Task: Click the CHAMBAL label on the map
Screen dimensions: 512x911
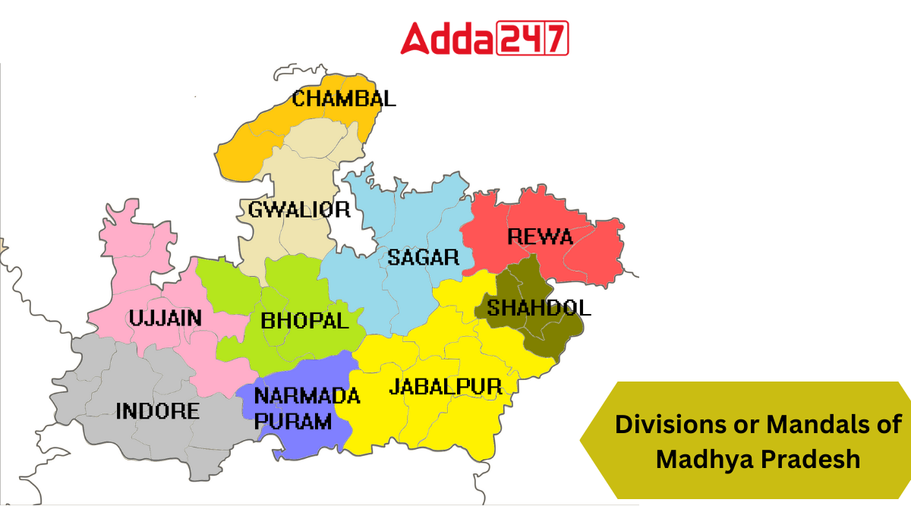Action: point(344,99)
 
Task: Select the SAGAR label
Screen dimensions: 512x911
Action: point(424,257)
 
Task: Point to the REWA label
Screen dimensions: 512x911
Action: point(540,237)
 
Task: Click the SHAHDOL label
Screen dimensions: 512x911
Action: point(538,307)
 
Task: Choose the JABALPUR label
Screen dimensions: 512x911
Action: point(446,387)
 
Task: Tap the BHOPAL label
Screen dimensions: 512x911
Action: point(304,320)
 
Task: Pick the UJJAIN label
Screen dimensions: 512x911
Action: point(165,318)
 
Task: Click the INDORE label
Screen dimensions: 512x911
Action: point(158,411)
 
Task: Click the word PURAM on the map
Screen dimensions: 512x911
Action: point(293,421)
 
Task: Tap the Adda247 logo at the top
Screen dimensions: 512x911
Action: point(484,38)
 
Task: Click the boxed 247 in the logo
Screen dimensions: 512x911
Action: point(532,39)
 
